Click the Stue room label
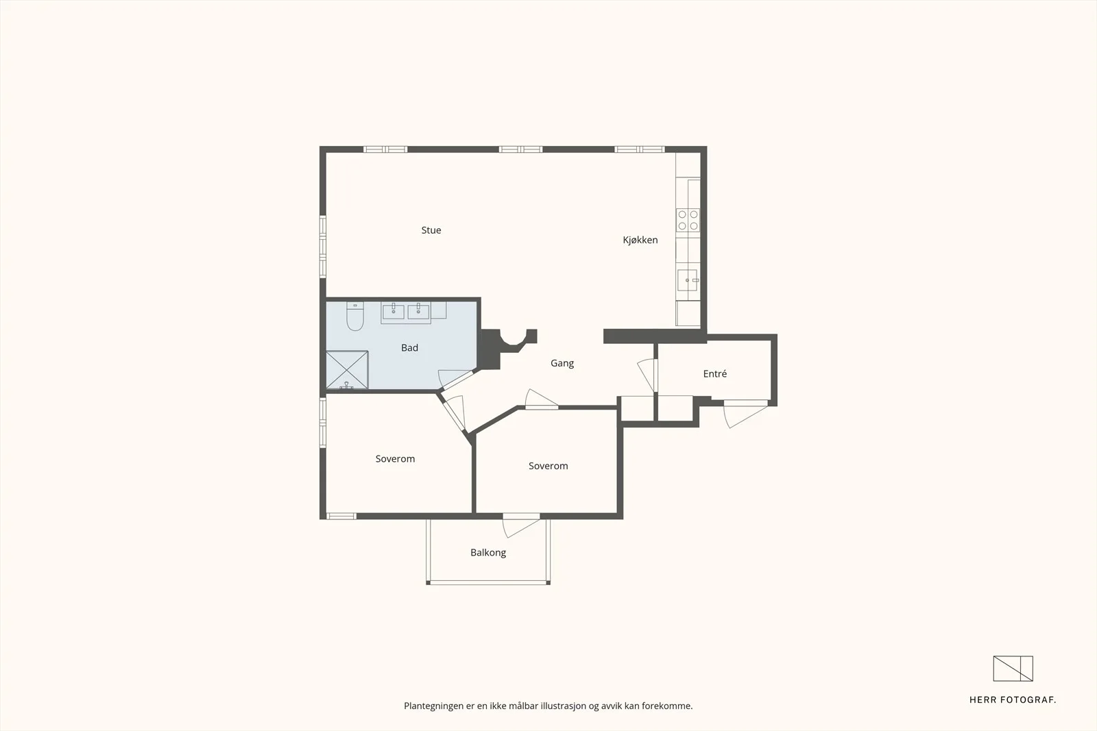tap(431, 230)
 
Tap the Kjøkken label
tap(640, 240)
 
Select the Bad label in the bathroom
tap(409, 348)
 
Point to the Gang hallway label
tap(562, 363)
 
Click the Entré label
tap(714, 374)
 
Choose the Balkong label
tap(487, 552)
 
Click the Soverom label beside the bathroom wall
tap(395, 459)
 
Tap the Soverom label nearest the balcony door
tap(548, 466)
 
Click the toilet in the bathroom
tap(355, 316)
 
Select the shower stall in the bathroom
tap(347, 370)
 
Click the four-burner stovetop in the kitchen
tap(688, 220)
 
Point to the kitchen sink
tap(688, 280)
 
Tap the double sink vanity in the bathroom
tap(406, 312)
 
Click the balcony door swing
tap(520, 527)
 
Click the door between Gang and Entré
tap(647, 375)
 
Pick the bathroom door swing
tap(455, 379)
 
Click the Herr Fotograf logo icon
tap(1013, 669)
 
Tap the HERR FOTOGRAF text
tap(1013, 700)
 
